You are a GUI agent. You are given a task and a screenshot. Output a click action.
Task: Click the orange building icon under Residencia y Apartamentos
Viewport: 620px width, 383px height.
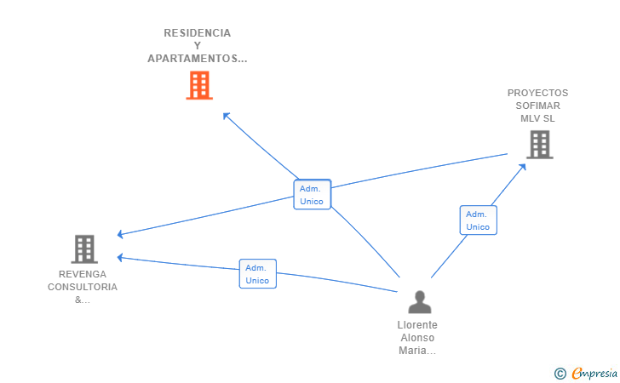198,85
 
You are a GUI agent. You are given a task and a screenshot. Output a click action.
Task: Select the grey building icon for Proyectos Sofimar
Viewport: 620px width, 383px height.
539,145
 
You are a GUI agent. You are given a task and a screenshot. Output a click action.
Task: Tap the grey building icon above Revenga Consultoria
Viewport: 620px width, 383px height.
83,249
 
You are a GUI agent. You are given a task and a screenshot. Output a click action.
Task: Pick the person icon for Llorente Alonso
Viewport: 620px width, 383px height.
419,302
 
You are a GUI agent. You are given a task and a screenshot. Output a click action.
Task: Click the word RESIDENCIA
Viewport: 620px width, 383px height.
197,33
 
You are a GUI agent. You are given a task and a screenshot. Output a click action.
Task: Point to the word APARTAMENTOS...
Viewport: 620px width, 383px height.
197,59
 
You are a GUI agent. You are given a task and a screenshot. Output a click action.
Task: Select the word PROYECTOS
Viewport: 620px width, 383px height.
537,93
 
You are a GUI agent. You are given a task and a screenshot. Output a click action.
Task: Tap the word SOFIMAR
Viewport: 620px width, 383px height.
537,106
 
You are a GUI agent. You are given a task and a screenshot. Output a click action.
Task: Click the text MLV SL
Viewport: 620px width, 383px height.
537,118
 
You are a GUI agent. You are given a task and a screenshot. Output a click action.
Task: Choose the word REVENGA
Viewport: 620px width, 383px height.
83,274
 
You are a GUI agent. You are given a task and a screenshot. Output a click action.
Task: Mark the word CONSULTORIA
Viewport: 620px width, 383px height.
83,287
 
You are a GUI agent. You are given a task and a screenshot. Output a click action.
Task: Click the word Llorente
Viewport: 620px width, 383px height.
417,325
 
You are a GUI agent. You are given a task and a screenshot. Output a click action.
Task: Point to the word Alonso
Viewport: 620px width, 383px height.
417,338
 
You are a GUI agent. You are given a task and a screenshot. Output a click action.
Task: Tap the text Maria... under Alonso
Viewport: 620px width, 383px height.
417,351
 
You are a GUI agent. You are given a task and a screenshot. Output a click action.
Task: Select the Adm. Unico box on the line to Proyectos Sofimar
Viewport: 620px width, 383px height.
478,220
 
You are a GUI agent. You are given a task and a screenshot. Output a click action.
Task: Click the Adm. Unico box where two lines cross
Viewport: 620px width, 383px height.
312,195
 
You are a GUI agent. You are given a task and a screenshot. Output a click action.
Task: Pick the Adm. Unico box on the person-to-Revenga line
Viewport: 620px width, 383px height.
257,273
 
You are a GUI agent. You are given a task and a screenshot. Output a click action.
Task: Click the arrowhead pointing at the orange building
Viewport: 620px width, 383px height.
226,115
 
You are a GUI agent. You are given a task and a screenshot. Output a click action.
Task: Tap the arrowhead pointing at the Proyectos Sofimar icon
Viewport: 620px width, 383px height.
523,165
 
